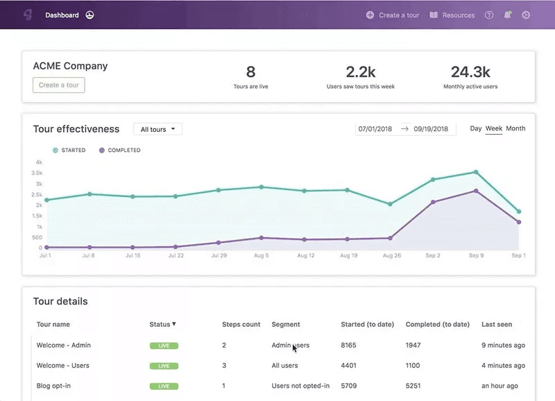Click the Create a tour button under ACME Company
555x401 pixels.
[59, 85]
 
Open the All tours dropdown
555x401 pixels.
[158, 129]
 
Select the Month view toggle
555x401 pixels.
[515, 128]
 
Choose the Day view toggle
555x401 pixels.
[476, 128]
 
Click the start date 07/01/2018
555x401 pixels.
[375, 129]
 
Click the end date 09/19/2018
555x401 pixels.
[431, 129]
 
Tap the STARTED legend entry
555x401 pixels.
[69, 150]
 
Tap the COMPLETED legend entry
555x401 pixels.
[119, 150]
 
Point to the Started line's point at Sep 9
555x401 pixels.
[476, 172]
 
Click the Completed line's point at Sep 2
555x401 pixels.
[433, 202]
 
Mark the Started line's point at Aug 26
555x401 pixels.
[390, 204]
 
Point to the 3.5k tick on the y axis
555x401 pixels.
[37, 173]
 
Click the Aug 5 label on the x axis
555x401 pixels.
[262, 255]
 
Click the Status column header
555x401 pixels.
[162, 324]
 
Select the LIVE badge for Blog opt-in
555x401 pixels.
[164, 386]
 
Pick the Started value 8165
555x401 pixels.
[348, 345]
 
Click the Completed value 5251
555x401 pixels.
[413, 386]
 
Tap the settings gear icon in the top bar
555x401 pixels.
[526, 15]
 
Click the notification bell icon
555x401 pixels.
[508, 15]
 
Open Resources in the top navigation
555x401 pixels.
[452, 15]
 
